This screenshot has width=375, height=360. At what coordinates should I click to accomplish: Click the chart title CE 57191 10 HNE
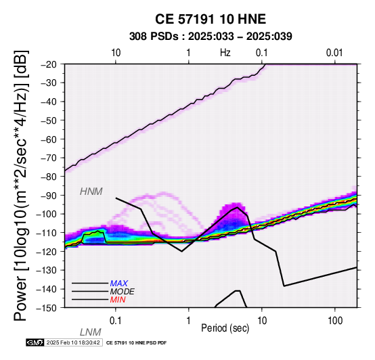pyautogui.click(x=211, y=19)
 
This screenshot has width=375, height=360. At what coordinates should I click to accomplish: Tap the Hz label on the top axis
pyautogui.click(x=225, y=53)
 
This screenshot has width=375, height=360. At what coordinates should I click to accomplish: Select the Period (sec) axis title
pyautogui.click(x=225, y=328)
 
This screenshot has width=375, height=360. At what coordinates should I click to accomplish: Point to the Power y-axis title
pyautogui.click(x=21, y=185)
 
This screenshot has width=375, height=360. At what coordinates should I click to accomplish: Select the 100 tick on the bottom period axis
pyautogui.click(x=335, y=321)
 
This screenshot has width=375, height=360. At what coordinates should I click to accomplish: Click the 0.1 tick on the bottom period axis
pyautogui.click(x=116, y=321)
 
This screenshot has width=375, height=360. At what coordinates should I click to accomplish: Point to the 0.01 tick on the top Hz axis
pyautogui.click(x=334, y=53)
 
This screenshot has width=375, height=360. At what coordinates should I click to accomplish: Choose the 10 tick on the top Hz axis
pyautogui.click(x=116, y=53)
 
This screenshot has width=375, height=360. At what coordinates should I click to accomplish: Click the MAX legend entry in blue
pyautogui.click(x=119, y=284)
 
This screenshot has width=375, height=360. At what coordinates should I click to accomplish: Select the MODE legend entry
pyautogui.click(x=123, y=292)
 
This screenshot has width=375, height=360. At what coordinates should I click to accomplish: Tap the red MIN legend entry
pyautogui.click(x=118, y=300)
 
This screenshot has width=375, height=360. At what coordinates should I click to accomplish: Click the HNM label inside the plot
pyautogui.click(x=91, y=192)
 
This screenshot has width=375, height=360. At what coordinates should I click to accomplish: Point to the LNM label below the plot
pyautogui.click(x=91, y=332)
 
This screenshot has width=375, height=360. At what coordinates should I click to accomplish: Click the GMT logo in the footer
pyautogui.click(x=35, y=342)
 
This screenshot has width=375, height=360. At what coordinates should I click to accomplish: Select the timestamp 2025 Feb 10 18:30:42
pyautogui.click(x=73, y=342)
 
